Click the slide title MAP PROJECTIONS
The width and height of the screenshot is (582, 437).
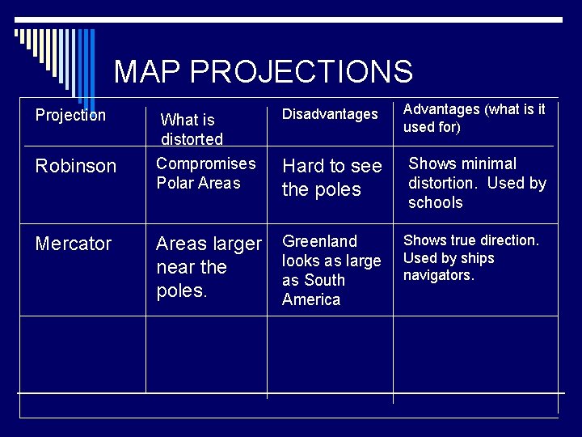tap(263, 71)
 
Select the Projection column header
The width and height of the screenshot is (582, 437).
tap(70, 115)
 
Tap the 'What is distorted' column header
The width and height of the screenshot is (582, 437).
tap(192, 129)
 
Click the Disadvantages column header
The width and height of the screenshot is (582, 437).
tap(330, 115)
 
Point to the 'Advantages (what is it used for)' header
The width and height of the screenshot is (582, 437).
tap(474, 117)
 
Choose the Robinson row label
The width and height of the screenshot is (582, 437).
tap(76, 166)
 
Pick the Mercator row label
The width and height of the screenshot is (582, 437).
tap(74, 244)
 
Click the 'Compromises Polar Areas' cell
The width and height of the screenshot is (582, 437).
tap(205, 173)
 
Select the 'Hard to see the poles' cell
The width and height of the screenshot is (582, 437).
tap(331, 177)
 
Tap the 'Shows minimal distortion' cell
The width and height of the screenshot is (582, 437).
tap(477, 183)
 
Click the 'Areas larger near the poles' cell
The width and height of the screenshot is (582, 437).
tap(209, 267)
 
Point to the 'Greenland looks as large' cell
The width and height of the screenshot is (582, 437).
tap(331, 270)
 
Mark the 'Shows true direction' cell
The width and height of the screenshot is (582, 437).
tap(470, 257)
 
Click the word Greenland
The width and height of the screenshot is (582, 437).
tap(319, 241)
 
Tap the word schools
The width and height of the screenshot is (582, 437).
tap(435, 202)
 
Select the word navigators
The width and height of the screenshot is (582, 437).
tap(438, 275)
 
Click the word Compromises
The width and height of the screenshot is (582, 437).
tap(205, 163)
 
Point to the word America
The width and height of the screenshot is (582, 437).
tap(311, 299)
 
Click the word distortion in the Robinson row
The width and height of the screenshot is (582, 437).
tap(445, 183)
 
